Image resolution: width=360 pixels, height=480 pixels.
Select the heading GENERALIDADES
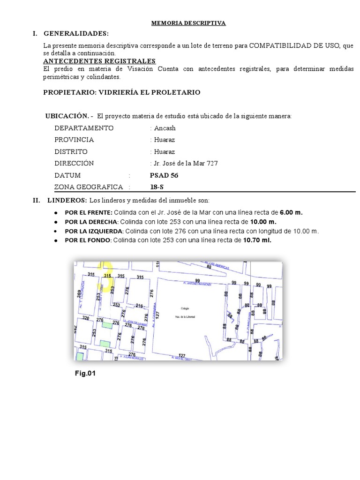[76, 34]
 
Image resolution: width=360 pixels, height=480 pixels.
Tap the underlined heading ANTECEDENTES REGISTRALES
[99, 61]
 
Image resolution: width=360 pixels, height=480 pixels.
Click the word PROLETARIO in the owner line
[176, 92]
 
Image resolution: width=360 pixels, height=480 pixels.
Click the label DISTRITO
[71, 152]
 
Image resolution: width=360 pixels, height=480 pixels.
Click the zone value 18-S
[157, 187]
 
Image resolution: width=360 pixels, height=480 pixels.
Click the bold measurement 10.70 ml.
[257, 240]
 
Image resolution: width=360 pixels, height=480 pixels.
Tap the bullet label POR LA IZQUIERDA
[94, 231]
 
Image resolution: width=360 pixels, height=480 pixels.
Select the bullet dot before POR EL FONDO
[56, 240]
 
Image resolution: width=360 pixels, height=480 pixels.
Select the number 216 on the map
[139, 306]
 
